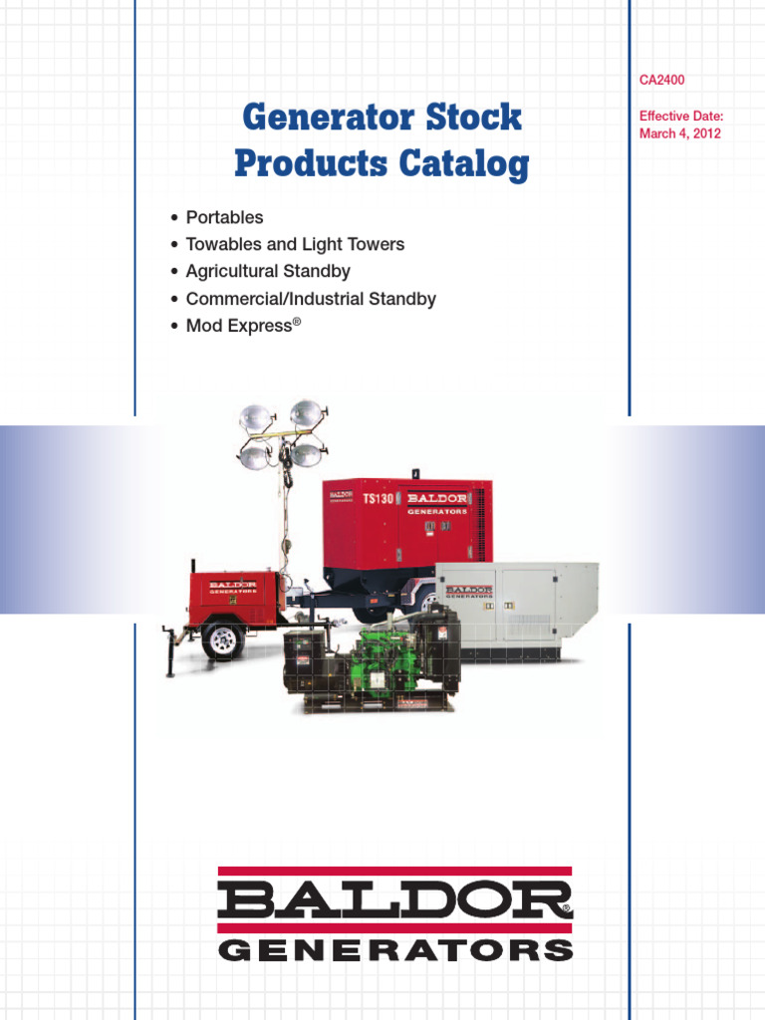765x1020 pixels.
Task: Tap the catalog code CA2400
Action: click(x=661, y=80)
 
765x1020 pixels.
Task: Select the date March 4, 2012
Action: click(x=680, y=133)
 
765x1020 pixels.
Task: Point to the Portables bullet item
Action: click(x=224, y=217)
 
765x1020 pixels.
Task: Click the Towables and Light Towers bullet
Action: click(x=295, y=244)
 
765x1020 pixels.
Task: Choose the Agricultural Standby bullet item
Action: click(x=268, y=271)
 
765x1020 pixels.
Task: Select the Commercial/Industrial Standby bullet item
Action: click(x=311, y=299)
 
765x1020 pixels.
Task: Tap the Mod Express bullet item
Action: click(x=239, y=326)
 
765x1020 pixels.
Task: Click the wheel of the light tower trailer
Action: click(x=222, y=638)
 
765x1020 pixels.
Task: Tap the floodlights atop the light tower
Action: click(x=283, y=434)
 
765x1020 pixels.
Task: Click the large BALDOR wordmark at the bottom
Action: click(x=394, y=902)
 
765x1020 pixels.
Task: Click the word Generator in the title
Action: click(x=313, y=118)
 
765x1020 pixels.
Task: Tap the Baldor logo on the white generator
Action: click(x=468, y=593)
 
